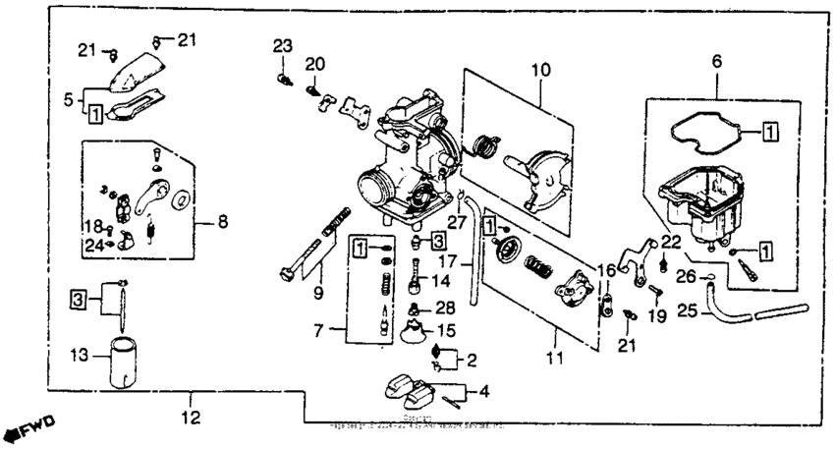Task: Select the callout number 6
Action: (715, 61)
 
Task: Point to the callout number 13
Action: (80, 354)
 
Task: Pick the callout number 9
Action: (317, 292)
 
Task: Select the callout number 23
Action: (283, 45)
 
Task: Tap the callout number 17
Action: (447, 263)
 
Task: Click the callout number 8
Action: (222, 223)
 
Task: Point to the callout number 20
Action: (314, 64)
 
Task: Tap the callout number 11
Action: (555, 359)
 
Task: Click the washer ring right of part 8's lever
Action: (181, 201)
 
